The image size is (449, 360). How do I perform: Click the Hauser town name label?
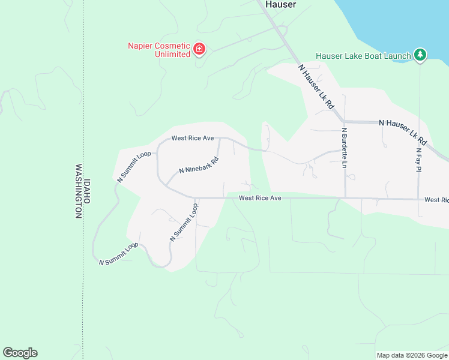[x=280, y=4]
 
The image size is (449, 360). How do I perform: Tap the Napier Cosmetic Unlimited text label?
[x=159, y=50]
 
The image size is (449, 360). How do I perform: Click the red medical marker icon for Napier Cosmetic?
[x=199, y=49]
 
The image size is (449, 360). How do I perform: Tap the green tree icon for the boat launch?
[x=420, y=55]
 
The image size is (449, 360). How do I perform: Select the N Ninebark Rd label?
[x=199, y=166]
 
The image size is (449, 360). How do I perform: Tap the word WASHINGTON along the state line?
[x=78, y=191]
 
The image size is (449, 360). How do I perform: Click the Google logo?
[x=20, y=353]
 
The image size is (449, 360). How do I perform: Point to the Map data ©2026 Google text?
[x=411, y=355]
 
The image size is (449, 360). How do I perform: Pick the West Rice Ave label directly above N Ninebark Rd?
[x=193, y=138]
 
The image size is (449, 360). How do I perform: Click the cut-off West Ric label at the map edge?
[x=436, y=199]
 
